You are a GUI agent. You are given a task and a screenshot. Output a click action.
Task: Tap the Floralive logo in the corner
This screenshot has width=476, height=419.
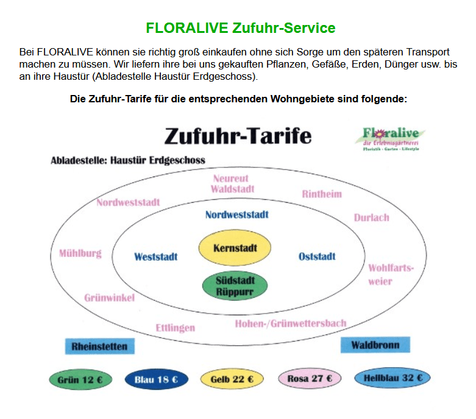pyautogui.click(x=393, y=139)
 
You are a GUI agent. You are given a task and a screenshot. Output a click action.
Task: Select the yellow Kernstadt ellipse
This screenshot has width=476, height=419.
pyautogui.click(x=235, y=248)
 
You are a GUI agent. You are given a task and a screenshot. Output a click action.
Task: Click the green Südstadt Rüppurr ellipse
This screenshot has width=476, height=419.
pyautogui.click(x=235, y=286)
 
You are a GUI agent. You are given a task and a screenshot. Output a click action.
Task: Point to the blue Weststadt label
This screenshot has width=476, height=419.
pyautogui.click(x=156, y=257)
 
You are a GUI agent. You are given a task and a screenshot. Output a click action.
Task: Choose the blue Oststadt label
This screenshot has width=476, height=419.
pyautogui.click(x=317, y=256)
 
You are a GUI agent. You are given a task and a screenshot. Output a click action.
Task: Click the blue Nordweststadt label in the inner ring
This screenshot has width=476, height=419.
pyautogui.click(x=236, y=214)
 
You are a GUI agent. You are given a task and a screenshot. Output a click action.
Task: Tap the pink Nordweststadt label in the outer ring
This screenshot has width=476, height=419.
pyautogui.click(x=128, y=202)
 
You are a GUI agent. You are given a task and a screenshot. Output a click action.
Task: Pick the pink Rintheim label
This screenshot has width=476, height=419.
pyautogui.click(x=322, y=194)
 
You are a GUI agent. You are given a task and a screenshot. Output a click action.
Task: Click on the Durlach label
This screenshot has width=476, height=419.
pyautogui.click(x=371, y=217)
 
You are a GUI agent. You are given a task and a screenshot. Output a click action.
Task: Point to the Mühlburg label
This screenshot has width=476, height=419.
pyautogui.click(x=80, y=253)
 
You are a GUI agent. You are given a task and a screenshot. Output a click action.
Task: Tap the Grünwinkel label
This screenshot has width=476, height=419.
pyautogui.click(x=110, y=298)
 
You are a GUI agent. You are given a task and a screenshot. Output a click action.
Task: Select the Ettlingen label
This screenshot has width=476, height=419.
pyautogui.click(x=176, y=328)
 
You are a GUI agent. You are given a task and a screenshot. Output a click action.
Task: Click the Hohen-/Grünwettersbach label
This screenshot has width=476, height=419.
pyautogui.click(x=291, y=323)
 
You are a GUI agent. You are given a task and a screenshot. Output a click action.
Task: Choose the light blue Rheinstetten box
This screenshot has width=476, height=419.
pyautogui.click(x=99, y=347)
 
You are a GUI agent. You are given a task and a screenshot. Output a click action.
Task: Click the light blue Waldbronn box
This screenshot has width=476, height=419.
pyautogui.click(x=375, y=345)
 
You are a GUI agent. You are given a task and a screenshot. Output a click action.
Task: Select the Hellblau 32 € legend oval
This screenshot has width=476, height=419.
pyautogui.click(x=393, y=378)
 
